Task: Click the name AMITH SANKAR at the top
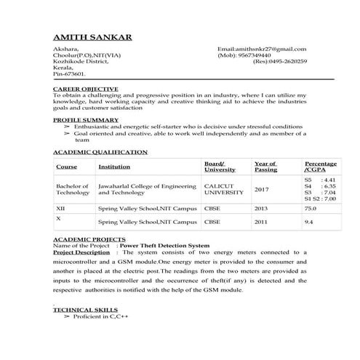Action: click(92, 36)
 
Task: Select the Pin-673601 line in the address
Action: click(70, 73)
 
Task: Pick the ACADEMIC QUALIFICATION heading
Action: click(100, 152)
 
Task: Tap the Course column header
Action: click(66, 167)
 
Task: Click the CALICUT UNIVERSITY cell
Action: click(224, 189)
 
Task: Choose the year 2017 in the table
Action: click(262, 189)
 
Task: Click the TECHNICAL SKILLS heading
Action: click(81, 309)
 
